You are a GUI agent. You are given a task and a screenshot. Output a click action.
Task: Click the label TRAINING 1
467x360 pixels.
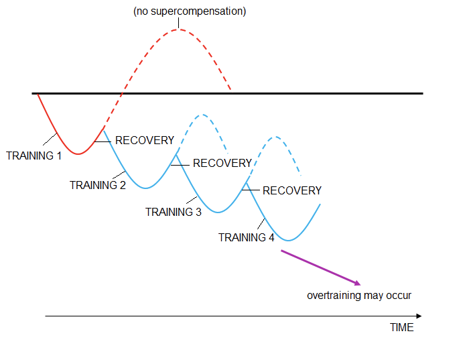pos(34,156)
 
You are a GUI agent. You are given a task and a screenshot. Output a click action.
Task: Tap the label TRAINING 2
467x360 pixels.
pos(98,185)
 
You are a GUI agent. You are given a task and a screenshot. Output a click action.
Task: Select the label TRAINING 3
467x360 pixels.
pos(174,212)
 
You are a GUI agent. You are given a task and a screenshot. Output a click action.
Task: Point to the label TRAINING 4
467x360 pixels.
pos(247,237)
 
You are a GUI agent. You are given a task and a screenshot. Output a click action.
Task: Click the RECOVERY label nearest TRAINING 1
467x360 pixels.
pos(145,141)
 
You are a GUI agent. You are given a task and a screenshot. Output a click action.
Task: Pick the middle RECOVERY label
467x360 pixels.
pos(222,163)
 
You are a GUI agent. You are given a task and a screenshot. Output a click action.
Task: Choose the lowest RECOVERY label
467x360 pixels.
pos(292,190)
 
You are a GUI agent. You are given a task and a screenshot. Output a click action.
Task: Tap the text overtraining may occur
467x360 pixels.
pos(359,296)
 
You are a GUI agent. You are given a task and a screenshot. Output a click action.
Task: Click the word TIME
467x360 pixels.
pos(402,328)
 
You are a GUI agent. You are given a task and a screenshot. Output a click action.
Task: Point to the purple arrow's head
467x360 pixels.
pos(359,284)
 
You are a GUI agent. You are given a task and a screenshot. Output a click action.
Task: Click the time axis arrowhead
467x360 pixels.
pos(419,316)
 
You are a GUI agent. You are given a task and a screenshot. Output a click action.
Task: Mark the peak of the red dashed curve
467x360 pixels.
pos(178,29)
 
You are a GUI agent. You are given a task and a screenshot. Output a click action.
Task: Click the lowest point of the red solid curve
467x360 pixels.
pos(78,154)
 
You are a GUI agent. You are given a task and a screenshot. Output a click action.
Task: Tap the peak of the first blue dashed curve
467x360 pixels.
pos(200,115)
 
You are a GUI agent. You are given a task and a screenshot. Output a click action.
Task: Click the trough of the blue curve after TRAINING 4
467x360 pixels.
pos(290,240)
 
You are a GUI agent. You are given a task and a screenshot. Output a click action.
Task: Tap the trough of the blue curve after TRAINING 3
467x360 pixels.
pos(217,213)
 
